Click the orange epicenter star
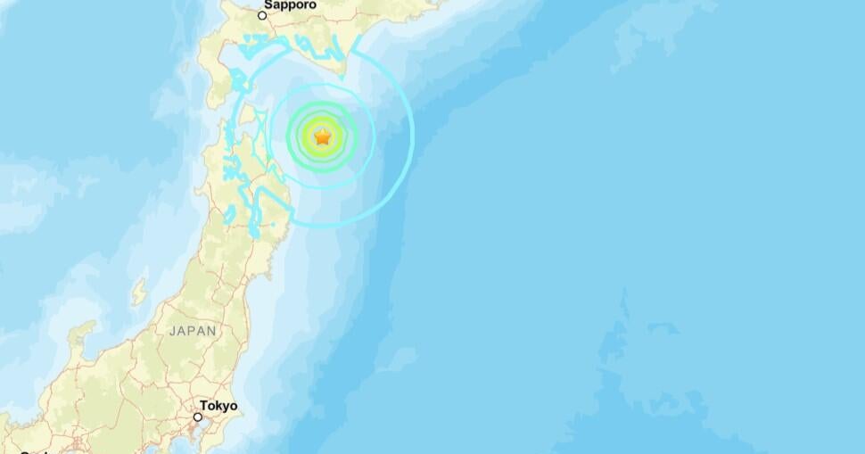pos(323,136)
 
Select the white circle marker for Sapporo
pos(262,15)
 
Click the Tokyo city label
pos(218,406)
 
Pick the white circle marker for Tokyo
pos(198,417)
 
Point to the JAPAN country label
pos(193,331)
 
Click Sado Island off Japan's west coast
pos(140,292)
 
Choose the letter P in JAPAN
pos(192,331)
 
